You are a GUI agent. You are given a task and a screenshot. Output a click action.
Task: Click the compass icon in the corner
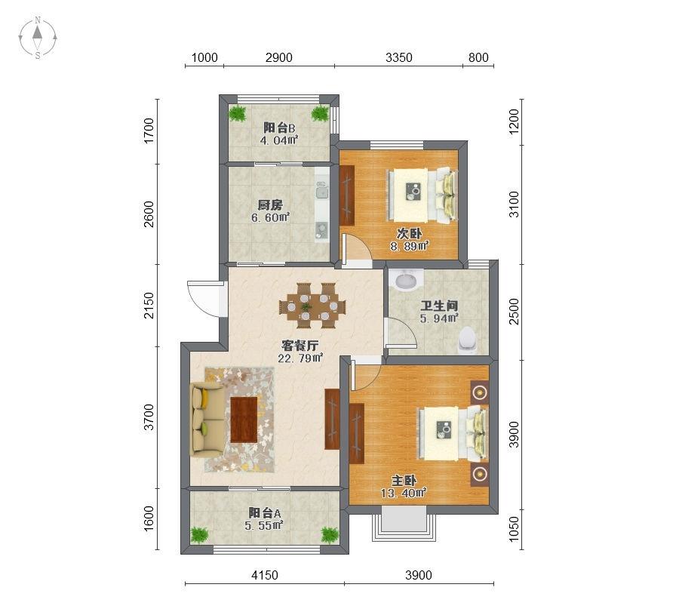(38, 38)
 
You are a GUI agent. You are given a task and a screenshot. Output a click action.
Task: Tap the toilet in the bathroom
(467, 341)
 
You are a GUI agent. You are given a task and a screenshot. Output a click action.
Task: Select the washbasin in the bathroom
(406, 279)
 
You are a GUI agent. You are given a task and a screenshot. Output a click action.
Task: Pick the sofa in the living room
(207, 420)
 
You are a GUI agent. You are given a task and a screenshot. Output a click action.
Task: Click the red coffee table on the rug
(244, 420)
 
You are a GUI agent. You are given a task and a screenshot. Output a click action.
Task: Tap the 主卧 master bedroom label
(404, 481)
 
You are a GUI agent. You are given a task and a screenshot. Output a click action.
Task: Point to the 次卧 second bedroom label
(409, 234)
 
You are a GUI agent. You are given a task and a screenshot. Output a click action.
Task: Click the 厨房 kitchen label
(270, 204)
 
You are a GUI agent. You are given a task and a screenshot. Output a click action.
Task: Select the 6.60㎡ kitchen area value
(270, 217)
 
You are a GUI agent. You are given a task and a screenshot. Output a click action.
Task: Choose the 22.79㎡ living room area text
(300, 358)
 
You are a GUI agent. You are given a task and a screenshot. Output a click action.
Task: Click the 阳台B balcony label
(280, 128)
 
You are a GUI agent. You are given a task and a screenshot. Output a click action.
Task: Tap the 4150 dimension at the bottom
(265, 575)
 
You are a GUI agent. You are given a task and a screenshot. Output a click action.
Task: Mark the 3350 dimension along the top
(399, 57)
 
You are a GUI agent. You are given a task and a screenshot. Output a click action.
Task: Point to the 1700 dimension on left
(149, 131)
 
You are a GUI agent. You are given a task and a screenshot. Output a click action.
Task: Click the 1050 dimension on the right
(514, 529)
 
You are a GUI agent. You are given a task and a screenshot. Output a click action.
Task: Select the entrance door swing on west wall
(203, 298)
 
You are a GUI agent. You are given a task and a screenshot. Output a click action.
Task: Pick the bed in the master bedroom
(453, 433)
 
